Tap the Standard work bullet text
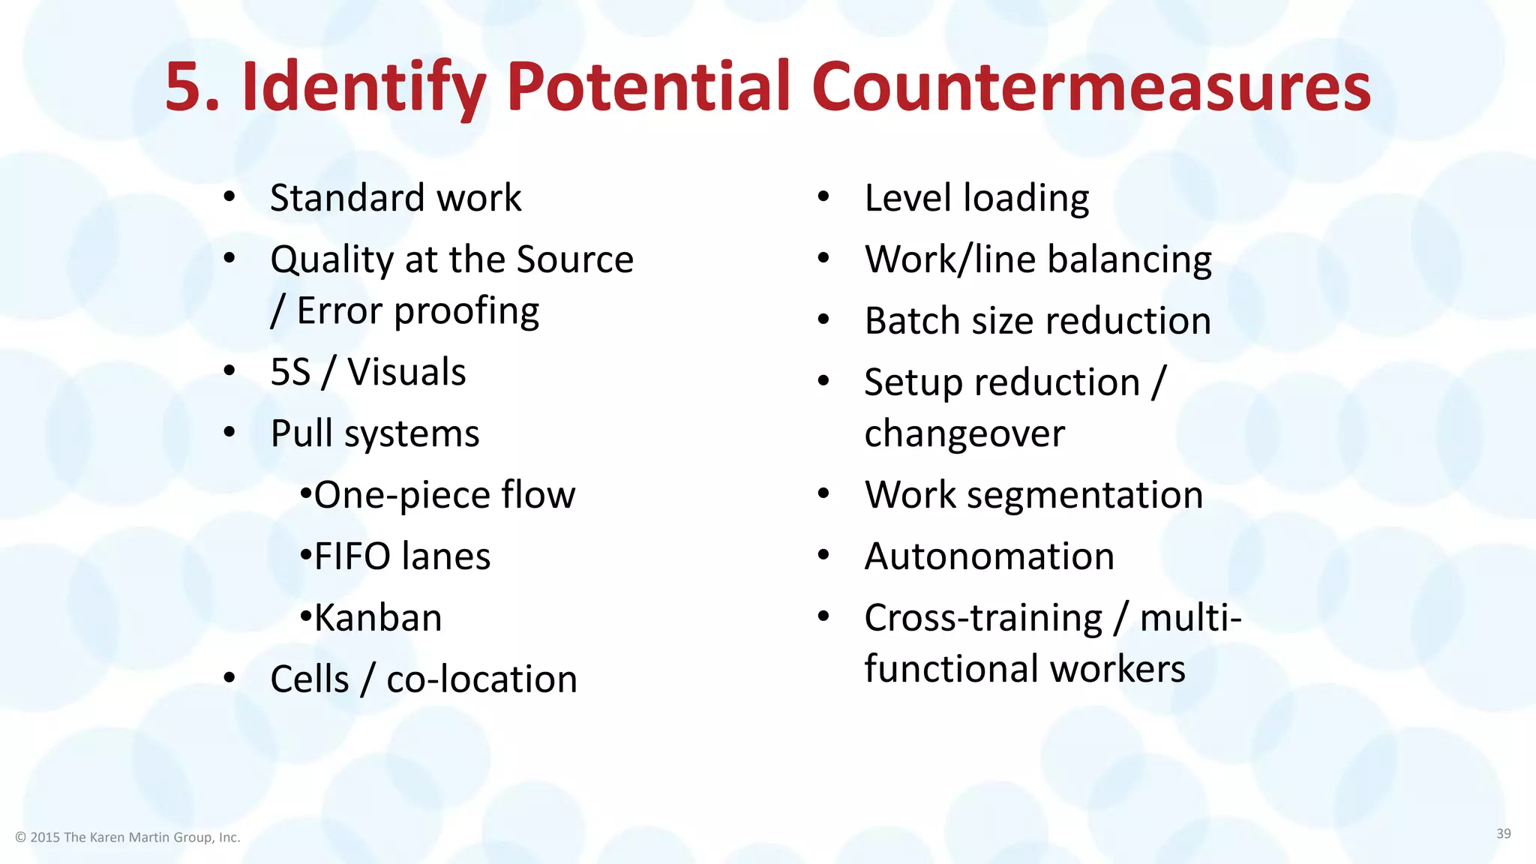coord(395,198)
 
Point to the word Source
coord(574,259)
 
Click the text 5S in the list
coord(290,372)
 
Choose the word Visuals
coord(406,372)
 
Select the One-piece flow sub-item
coord(444,495)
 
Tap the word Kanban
coord(378,618)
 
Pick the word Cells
coord(310,679)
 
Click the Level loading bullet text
coord(976,198)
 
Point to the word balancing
coord(1129,259)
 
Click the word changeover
coord(964,433)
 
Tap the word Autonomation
coord(989,556)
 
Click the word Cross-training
coord(983,618)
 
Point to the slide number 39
coord(1503,833)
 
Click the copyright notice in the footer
coord(127,837)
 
